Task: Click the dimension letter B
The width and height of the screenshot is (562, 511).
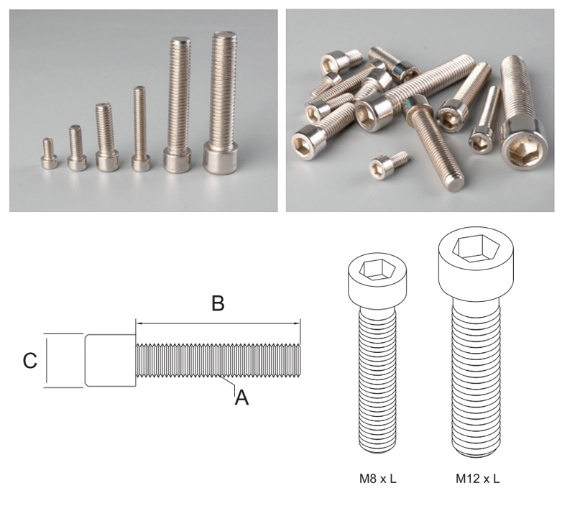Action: point(218,303)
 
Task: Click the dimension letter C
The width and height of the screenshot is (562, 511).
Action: point(29,361)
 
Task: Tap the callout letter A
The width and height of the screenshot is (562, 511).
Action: point(241,397)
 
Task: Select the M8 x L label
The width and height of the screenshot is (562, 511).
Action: point(378,479)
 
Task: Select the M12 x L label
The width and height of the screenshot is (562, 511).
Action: point(477,479)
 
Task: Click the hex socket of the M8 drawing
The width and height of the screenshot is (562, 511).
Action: point(378,270)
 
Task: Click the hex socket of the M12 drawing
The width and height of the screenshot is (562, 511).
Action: point(475,248)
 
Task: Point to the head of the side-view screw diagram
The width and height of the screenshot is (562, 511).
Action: point(111,361)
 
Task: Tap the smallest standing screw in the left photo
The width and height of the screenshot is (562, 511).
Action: point(49,153)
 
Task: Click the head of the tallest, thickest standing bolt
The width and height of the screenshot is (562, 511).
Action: point(221,157)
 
